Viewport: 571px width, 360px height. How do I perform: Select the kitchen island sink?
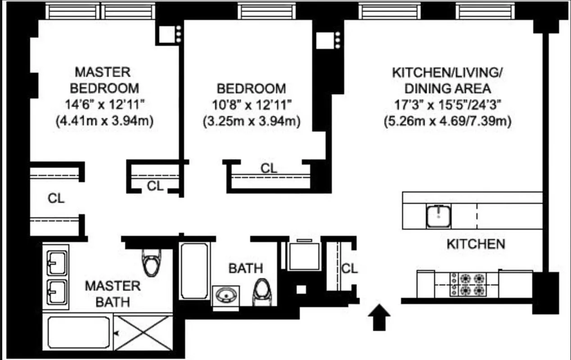pos(439,216)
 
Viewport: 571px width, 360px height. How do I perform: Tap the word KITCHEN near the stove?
pos(476,244)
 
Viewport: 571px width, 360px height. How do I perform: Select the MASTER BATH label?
pos(113,293)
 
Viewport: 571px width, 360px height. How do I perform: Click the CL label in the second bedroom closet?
pos(269,168)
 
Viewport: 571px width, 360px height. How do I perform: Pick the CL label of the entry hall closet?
pos(349,269)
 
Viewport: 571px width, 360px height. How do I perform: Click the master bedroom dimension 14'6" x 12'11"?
pos(104,104)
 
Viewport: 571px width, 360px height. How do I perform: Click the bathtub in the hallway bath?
pos(195,271)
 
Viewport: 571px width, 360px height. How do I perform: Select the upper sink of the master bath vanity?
pos(58,262)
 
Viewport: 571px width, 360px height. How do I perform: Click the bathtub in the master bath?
pos(78,333)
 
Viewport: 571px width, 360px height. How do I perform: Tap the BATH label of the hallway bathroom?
pos(245,269)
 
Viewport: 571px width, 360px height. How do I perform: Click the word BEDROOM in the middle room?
pos(251,88)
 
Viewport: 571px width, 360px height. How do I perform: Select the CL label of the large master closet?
pos(56,198)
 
